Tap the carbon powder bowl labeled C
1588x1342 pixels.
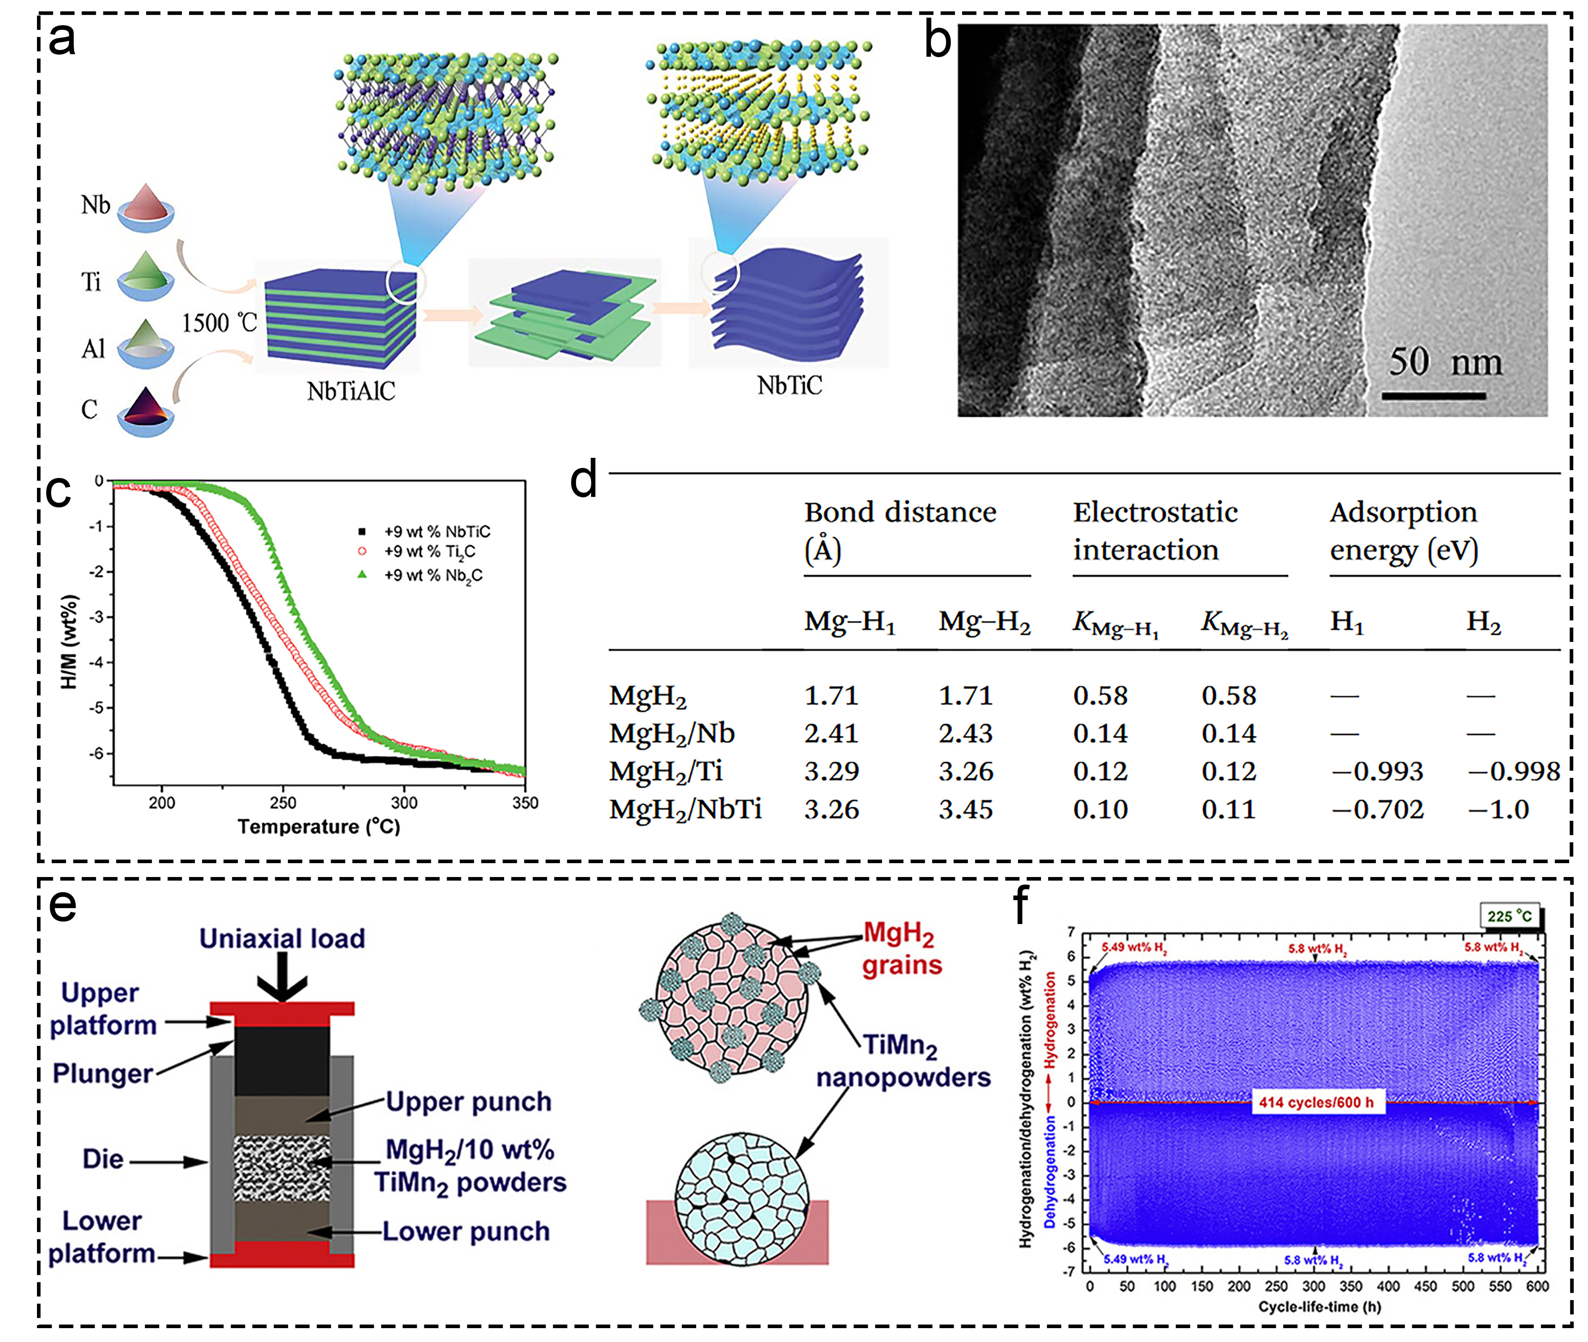(x=145, y=411)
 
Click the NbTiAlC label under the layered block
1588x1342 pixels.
(x=351, y=391)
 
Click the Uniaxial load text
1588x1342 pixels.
(x=282, y=938)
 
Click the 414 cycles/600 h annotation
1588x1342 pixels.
(x=1316, y=1102)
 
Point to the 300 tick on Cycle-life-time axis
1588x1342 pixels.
(x=1313, y=1287)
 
